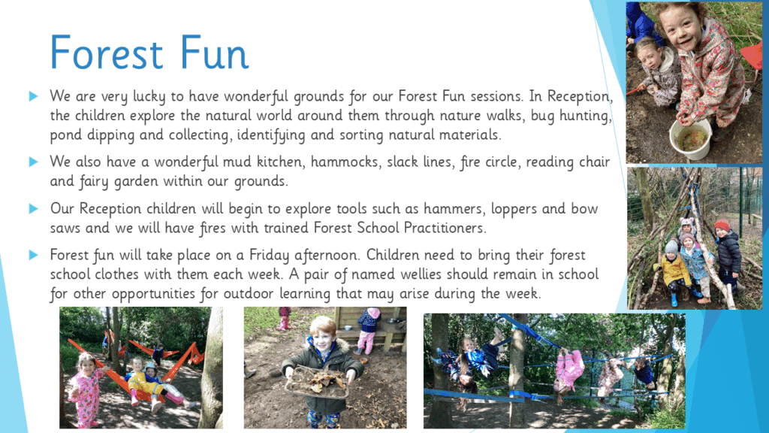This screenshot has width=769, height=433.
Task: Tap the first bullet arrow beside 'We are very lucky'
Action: (33, 95)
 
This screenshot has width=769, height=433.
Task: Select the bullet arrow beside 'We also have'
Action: (33, 162)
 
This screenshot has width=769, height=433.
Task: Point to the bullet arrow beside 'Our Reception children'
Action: (33, 209)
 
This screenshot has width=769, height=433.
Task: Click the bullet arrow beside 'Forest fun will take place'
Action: (33, 255)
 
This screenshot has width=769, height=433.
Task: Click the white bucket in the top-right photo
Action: (691, 139)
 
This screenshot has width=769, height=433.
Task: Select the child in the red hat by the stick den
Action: (727, 256)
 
